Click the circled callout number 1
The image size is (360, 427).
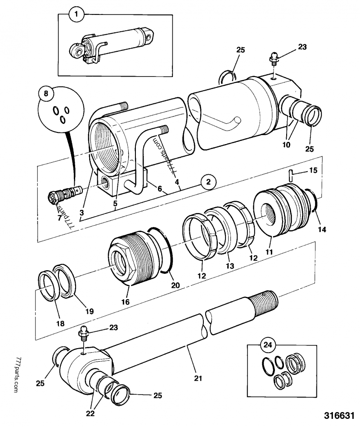[76, 15]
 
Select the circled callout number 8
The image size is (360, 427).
[45, 95]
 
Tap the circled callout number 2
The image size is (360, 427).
[207, 182]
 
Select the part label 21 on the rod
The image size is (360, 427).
[196, 377]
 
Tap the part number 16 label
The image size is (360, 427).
[126, 302]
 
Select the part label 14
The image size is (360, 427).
[323, 229]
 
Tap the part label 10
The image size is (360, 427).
[286, 145]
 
